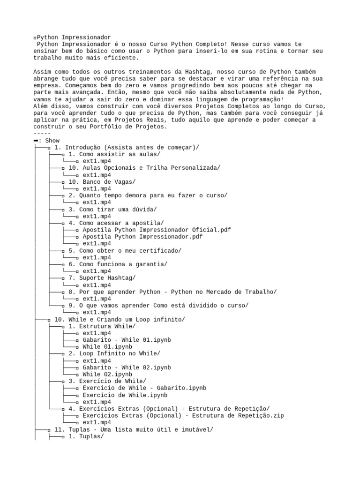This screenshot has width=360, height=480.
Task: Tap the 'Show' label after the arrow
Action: pyautogui.click(x=52, y=141)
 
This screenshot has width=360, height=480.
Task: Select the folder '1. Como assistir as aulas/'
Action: pyautogui.click(x=114, y=154)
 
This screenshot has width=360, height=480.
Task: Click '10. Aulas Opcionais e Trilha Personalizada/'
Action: pyautogui.click(x=144, y=168)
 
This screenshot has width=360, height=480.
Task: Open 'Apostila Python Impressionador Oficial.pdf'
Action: pyautogui.click(x=157, y=230)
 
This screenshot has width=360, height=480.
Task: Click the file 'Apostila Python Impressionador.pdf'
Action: pyautogui.click(x=142, y=237)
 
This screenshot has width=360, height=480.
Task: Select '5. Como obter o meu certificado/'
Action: pyautogui.click(x=125, y=250)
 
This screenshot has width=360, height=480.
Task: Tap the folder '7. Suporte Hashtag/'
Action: pyautogui.click(x=102, y=278)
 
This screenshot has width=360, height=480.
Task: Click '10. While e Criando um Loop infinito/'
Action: pyautogui.click(x=120, y=319)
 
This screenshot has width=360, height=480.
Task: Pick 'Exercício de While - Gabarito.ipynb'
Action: pyautogui.click(x=144, y=388)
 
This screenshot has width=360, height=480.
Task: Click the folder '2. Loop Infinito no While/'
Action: pyautogui.click(x=114, y=353)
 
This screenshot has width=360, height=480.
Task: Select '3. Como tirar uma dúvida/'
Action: pyautogui.click(x=112, y=209)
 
